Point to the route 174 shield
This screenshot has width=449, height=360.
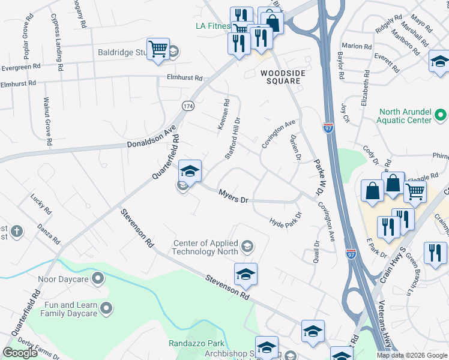(x=188, y=106)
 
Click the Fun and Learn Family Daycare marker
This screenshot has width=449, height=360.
(x=106, y=309)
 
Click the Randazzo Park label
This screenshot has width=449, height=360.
(x=196, y=344)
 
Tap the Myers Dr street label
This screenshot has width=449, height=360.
(x=233, y=196)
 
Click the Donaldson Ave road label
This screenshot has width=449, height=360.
(x=151, y=137)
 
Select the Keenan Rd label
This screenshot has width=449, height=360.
(x=221, y=114)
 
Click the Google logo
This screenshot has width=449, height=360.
(x=20, y=353)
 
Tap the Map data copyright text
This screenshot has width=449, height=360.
(x=411, y=355)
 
